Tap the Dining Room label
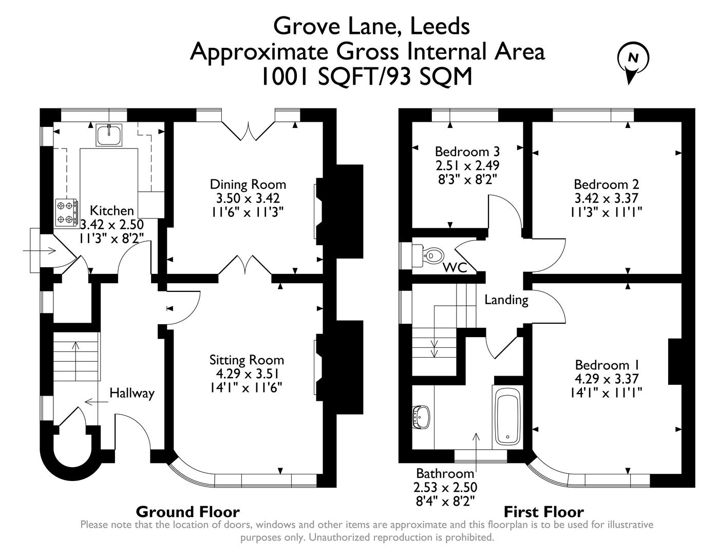click(x=248, y=184)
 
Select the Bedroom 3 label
click(x=467, y=152)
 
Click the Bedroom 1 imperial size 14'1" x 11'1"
click(x=607, y=393)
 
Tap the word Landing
click(x=506, y=300)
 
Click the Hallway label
click(x=132, y=394)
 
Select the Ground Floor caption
click(x=187, y=512)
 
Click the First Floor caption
click(x=543, y=512)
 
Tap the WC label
click(x=455, y=268)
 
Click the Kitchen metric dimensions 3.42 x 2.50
click(x=112, y=225)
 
